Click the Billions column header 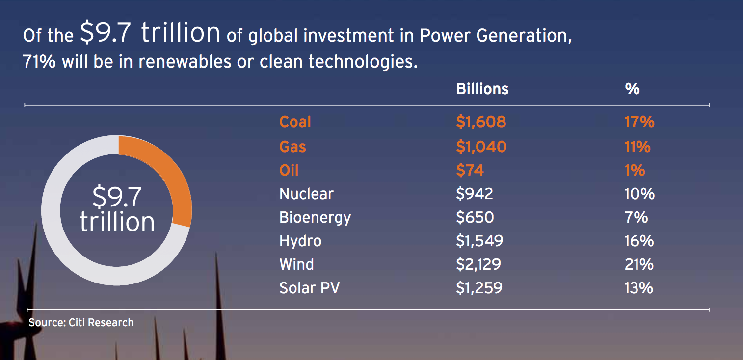pos(482,89)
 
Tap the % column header pos(632,89)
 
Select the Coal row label pos(295,122)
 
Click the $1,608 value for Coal pos(481,122)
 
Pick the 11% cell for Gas pos(637,147)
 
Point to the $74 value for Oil pos(470,170)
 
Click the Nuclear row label pos(307,194)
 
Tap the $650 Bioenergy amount pos(475,217)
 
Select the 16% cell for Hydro pos(639,241)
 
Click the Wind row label pos(296,264)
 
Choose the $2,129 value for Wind pos(478,264)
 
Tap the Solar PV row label pos(310,288)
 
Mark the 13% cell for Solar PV pos(639,288)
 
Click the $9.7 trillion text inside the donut pos(117,209)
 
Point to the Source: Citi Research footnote pos(81,323)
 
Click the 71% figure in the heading pos(39,62)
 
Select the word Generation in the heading pos(524,36)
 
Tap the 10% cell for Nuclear pos(639,194)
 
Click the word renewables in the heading pos(185,62)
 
